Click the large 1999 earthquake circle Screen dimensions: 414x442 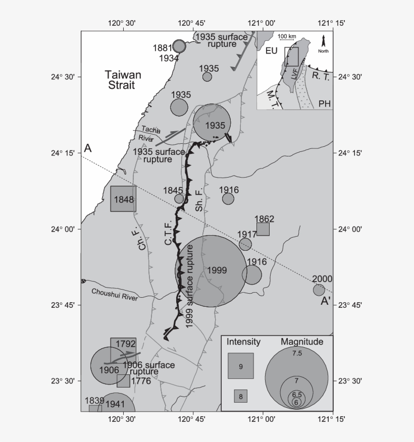210,271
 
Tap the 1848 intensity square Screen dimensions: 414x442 123,199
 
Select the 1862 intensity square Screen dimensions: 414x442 263,229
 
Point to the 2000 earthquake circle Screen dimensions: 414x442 319,290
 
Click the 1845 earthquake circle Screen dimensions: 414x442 179,199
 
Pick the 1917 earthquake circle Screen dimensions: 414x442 245,244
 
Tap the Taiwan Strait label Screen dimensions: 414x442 123,80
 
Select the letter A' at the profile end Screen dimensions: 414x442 326,302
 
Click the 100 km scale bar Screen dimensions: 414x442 287,40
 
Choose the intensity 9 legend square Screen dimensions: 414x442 240,366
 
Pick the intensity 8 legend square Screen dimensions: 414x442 240,396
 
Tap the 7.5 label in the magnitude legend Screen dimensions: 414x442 297,354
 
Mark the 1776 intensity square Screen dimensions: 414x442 123,381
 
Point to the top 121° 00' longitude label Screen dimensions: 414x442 262,22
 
